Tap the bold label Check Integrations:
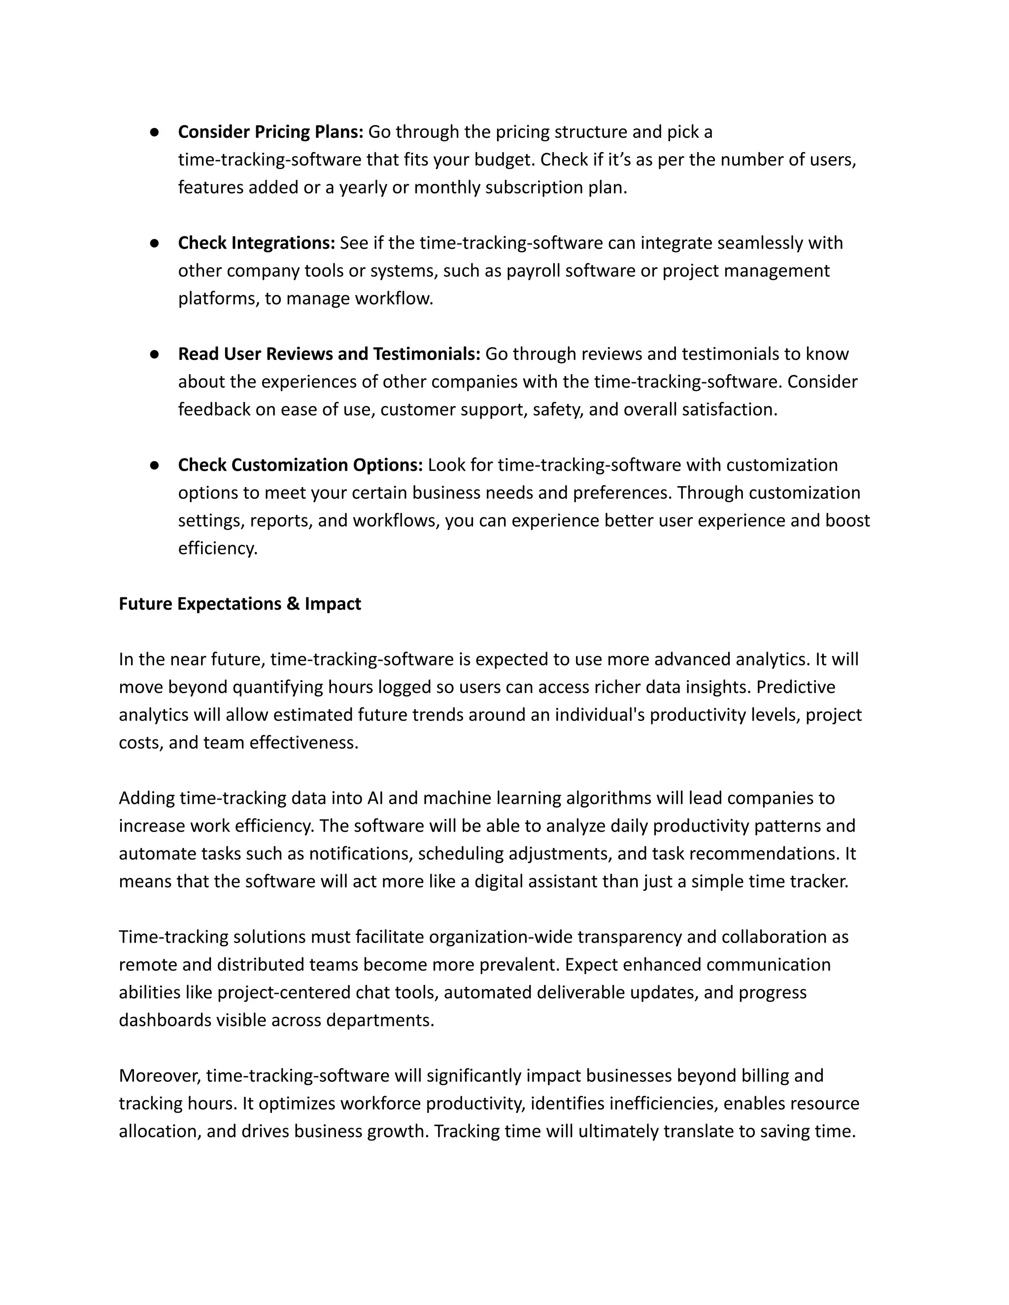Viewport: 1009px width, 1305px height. point(256,243)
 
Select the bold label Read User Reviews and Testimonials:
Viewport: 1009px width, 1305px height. point(329,355)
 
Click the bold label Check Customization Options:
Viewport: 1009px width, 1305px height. point(300,465)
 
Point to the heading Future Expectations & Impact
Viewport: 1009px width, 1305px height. point(240,604)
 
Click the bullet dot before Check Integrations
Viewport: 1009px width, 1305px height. point(154,243)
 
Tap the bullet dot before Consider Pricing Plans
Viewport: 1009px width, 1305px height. point(154,132)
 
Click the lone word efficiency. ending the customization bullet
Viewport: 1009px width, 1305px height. point(218,549)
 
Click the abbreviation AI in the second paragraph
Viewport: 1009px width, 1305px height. point(375,798)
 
